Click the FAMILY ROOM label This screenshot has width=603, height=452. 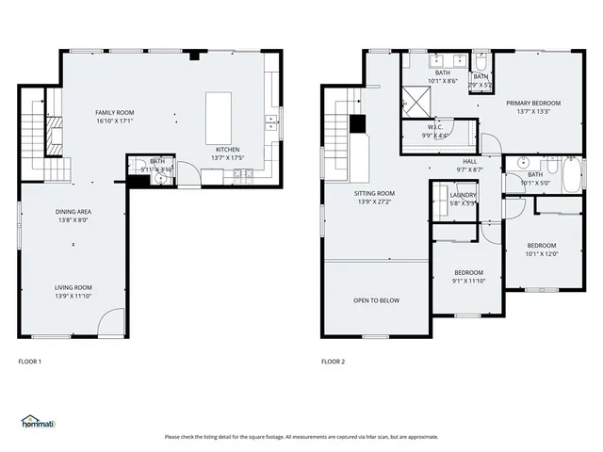pos(114,112)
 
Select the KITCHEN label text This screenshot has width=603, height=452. pos(227,150)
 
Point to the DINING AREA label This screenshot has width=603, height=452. pos(72,212)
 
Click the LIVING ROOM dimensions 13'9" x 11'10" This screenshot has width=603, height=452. pos(72,296)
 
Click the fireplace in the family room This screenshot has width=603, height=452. pos(55,136)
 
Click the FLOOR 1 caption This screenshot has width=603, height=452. pos(30,362)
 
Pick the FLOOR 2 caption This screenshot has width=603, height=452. pos(334,362)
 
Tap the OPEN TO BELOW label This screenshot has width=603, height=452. pos(376,300)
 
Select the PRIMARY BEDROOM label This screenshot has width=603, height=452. pos(532,104)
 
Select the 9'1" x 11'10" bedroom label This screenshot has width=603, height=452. pos(468,273)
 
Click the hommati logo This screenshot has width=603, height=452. pos(37,422)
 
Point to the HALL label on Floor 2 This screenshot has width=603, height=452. pos(469,161)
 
